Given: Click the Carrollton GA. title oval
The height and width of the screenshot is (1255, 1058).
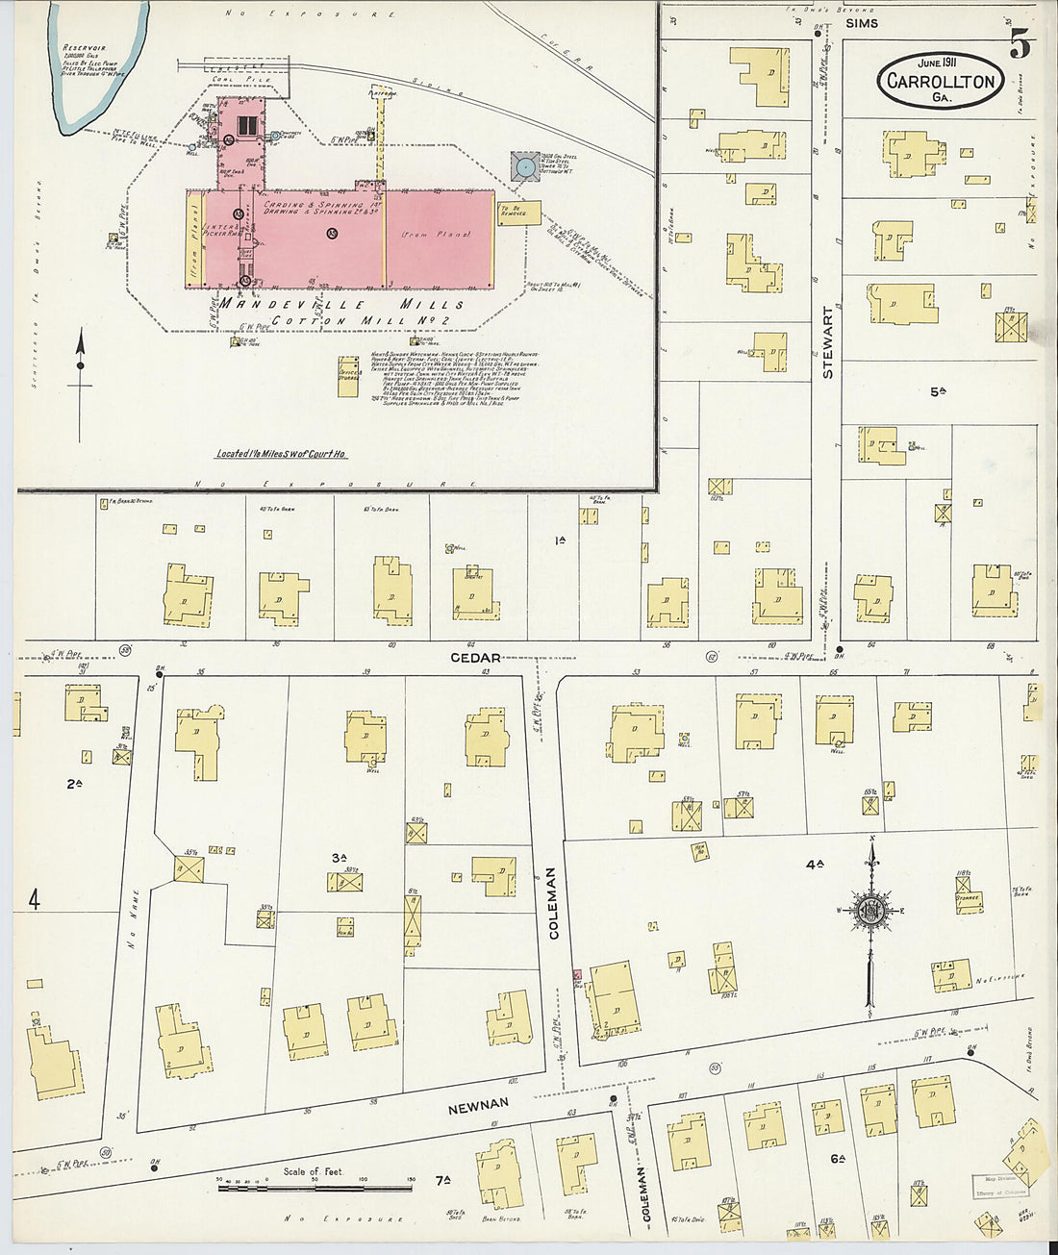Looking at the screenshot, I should click(940, 81).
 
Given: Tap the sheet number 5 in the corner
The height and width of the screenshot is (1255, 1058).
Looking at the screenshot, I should click(1020, 43).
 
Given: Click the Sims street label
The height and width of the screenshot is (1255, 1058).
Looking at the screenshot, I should click(861, 23).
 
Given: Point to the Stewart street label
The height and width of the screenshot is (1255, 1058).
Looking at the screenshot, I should click(829, 342).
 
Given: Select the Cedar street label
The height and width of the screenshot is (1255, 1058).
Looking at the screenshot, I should click(476, 659).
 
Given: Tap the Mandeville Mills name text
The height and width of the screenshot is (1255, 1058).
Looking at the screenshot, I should click(341, 304).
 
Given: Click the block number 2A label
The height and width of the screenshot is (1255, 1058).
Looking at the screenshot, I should click(74, 784).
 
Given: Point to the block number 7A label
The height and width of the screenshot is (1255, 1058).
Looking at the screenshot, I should click(442, 1180).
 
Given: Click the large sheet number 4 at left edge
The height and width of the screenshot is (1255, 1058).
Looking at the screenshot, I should click(35, 900).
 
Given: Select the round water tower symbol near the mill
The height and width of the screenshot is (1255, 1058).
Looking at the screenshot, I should click(525, 168).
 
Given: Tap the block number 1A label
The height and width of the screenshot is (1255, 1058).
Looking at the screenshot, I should click(560, 540).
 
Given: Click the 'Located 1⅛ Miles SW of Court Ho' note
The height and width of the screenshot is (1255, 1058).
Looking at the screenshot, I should click(281, 454).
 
